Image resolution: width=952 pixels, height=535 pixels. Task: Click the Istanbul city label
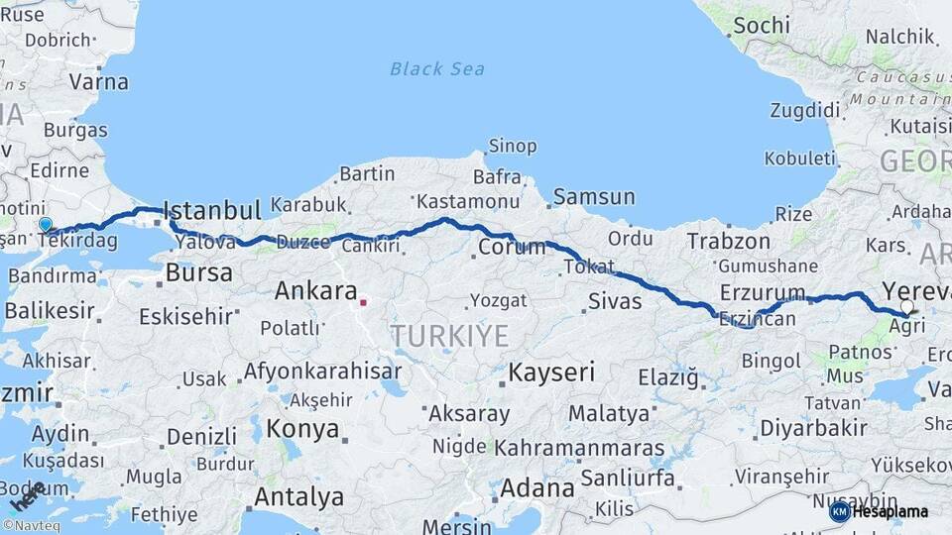pos(211,210)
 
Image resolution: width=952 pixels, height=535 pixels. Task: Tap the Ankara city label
pos(315,291)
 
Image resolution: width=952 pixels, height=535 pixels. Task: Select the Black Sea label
pos(437,68)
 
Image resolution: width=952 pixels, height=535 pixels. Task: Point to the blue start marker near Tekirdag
pos(45,225)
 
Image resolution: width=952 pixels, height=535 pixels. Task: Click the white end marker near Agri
pos(906,307)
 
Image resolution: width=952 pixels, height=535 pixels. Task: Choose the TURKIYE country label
pos(449,336)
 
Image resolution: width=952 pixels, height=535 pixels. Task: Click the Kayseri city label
pos(551,373)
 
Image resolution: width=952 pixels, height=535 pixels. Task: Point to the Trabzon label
pos(729,241)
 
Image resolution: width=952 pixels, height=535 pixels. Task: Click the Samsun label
pos(594,197)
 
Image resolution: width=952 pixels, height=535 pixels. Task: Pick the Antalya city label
pos(298,495)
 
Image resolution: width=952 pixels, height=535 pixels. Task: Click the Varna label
pos(99,81)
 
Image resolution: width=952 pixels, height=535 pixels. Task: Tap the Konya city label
pos(303,430)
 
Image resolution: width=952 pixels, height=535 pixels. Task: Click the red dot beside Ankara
pos(364,302)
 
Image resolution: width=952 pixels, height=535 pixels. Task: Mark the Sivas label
pos(615,301)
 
